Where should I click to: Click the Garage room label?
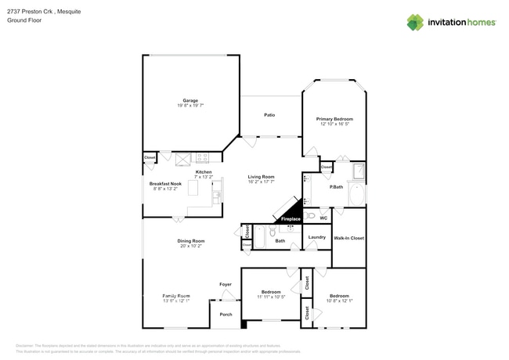click(190, 101)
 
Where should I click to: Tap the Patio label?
click(269, 115)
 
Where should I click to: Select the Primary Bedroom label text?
click(334, 119)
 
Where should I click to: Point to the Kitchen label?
click(204, 172)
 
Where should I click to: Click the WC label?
click(323, 218)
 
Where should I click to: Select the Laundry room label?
click(316, 237)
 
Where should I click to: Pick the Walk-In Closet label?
click(348, 237)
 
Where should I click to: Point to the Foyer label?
click(225, 284)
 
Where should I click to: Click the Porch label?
click(226, 315)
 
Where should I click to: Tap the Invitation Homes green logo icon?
click(415, 22)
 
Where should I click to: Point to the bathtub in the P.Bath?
click(357, 194)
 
